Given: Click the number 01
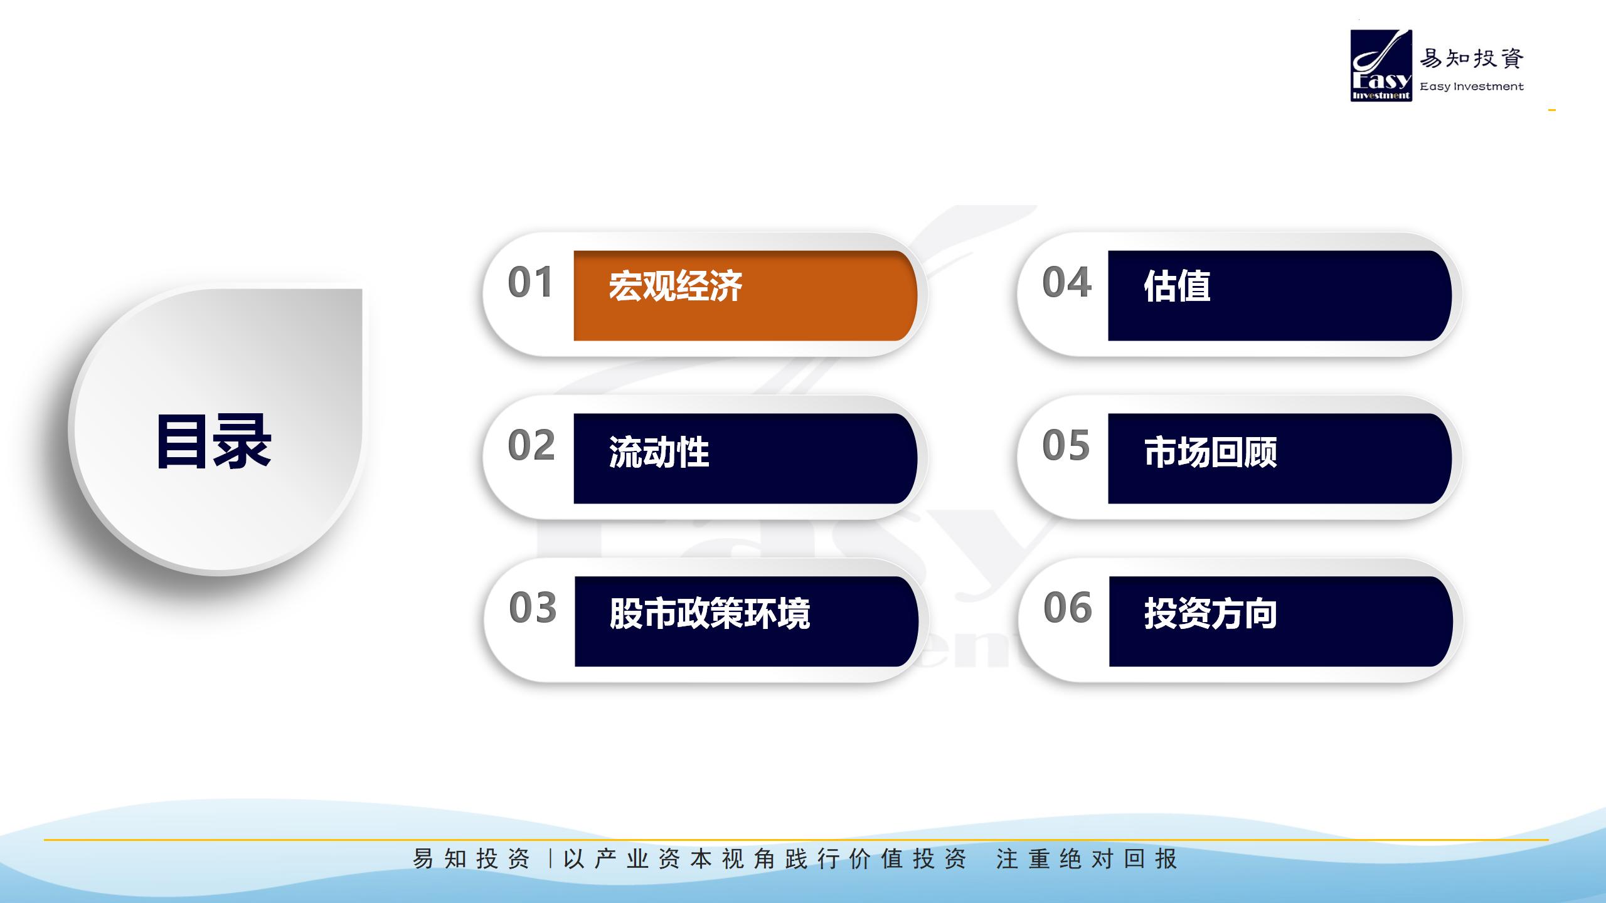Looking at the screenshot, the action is pyautogui.click(x=530, y=282).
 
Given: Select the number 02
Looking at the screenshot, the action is pyautogui.click(x=531, y=445).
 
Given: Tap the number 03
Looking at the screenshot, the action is pyautogui.click(x=533, y=608).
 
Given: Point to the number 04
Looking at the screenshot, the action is pyautogui.click(x=1066, y=282).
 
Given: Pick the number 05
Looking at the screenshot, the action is pyautogui.click(x=1066, y=445).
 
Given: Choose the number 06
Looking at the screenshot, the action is pyautogui.click(x=1068, y=608).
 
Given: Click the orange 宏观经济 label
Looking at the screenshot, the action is pyautogui.click(x=675, y=286).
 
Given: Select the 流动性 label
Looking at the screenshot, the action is pyautogui.click(x=659, y=452).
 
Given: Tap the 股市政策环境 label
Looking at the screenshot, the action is pyautogui.click(x=710, y=613).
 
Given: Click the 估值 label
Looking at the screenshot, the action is pyautogui.click(x=1177, y=286).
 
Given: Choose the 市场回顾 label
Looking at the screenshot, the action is pyautogui.click(x=1210, y=452).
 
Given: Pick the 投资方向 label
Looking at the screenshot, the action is pyautogui.click(x=1211, y=613).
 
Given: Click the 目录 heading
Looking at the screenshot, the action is pyautogui.click(x=213, y=441).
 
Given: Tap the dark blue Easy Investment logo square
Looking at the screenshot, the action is pyautogui.click(x=1381, y=66).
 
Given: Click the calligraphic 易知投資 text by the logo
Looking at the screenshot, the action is pyautogui.click(x=1472, y=59).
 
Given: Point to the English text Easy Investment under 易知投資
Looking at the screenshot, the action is pyautogui.click(x=1472, y=87).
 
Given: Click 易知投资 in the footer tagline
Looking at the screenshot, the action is pyautogui.click(x=472, y=858).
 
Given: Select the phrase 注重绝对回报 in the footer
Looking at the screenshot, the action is pyautogui.click(x=1087, y=858).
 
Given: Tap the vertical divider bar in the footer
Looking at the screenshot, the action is pyautogui.click(x=550, y=858).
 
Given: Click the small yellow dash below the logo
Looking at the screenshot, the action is pyautogui.click(x=1552, y=110).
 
